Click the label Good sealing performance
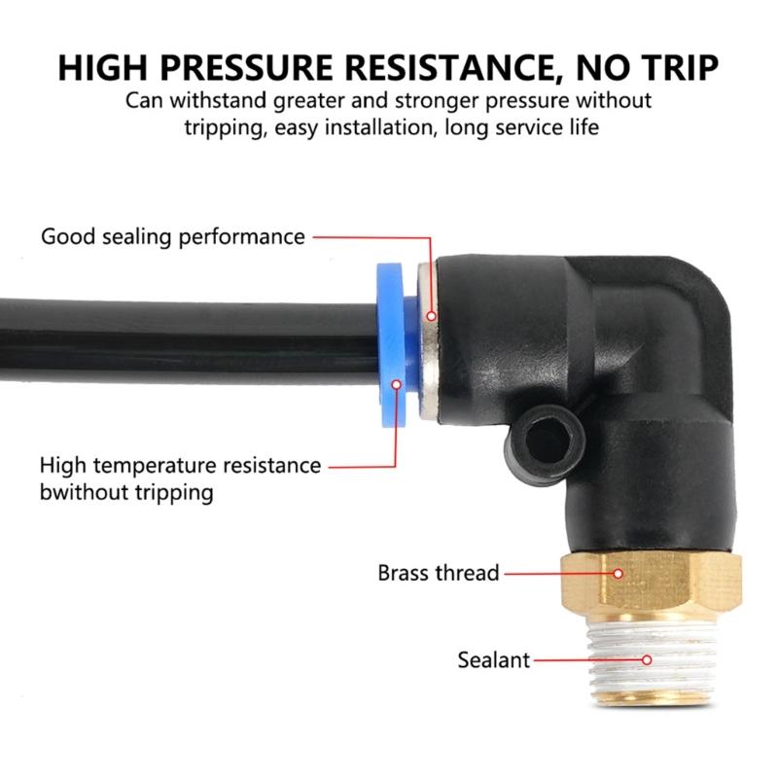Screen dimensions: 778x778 click(x=173, y=236)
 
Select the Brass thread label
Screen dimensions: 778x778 click(x=438, y=573)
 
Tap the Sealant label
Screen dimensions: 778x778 click(x=494, y=660)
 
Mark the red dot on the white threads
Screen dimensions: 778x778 click(x=647, y=660)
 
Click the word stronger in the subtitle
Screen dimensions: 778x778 click(x=453, y=101)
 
